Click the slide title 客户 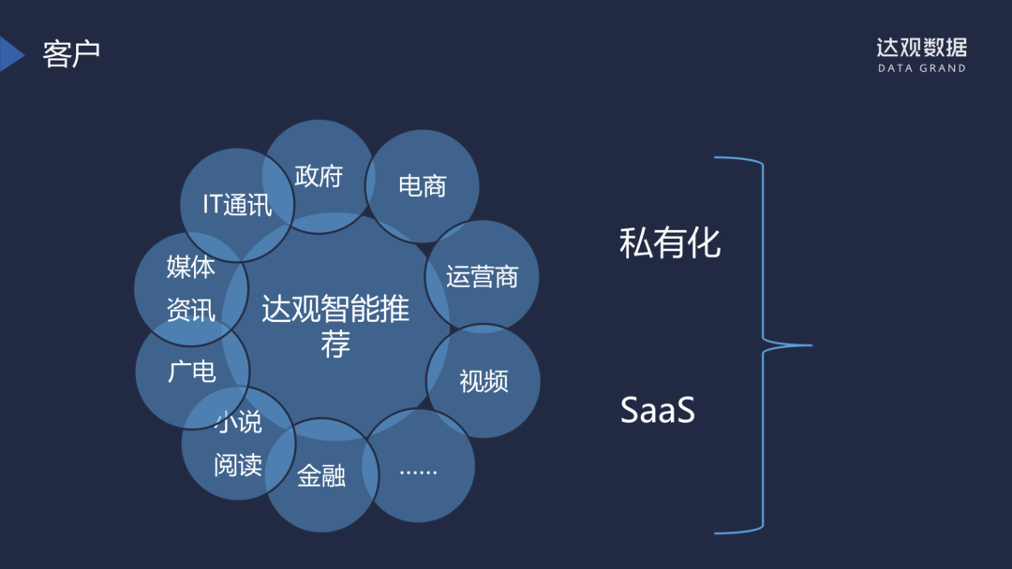(71, 54)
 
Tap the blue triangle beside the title (11, 54)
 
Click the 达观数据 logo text (921, 48)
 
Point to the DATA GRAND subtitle (921, 69)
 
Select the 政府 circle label (319, 176)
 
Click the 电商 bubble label (423, 185)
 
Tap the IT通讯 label (237, 205)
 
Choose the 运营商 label (482, 277)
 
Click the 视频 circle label (484, 381)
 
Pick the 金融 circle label (321, 476)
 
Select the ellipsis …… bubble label (418, 469)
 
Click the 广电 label (192, 372)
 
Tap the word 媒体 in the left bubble (191, 268)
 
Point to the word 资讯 (191, 311)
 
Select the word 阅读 (238, 464)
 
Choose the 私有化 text (670, 243)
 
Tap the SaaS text (658, 411)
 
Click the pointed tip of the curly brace (809, 345)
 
